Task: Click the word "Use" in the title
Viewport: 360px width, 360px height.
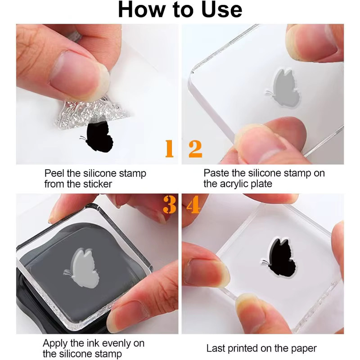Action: click(x=221, y=9)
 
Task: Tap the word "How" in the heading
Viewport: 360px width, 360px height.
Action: click(x=141, y=9)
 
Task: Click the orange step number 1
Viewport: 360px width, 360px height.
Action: click(x=170, y=148)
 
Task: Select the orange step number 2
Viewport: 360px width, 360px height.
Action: click(x=195, y=149)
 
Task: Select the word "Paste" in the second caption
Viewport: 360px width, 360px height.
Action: click(x=216, y=173)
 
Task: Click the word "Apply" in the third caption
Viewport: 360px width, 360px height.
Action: click(x=55, y=344)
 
